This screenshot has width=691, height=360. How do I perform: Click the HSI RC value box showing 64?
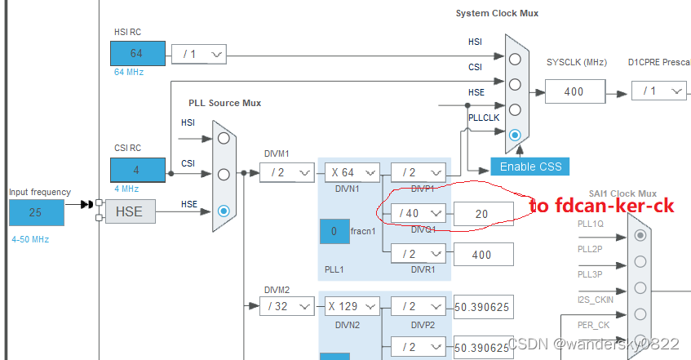click(137, 54)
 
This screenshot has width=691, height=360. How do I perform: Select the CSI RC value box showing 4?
click(137, 170)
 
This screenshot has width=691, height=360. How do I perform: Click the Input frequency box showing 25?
click(36, 212)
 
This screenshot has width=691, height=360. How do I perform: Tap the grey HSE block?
click(128, 211)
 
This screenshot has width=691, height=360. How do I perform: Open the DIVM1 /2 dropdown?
click(286, 172)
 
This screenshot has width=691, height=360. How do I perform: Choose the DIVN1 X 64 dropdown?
click(352, 172)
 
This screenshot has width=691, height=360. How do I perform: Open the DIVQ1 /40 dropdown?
click(419, 212)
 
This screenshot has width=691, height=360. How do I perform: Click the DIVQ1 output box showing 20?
click(483, 213)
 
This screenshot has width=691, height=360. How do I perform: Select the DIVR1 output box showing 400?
click(483, 255)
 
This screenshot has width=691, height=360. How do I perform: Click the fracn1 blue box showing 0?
click(334, 232)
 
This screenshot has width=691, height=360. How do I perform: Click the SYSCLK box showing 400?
click(574, 91)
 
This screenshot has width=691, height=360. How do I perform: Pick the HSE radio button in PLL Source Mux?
click(224, 211)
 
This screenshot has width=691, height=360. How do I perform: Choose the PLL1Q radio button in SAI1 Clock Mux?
click(640, 235)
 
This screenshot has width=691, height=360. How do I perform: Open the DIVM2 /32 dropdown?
click(286, 306)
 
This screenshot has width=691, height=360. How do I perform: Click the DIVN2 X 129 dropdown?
click(352, 306)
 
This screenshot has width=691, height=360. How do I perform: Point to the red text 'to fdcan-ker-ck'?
click(601, 206)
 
